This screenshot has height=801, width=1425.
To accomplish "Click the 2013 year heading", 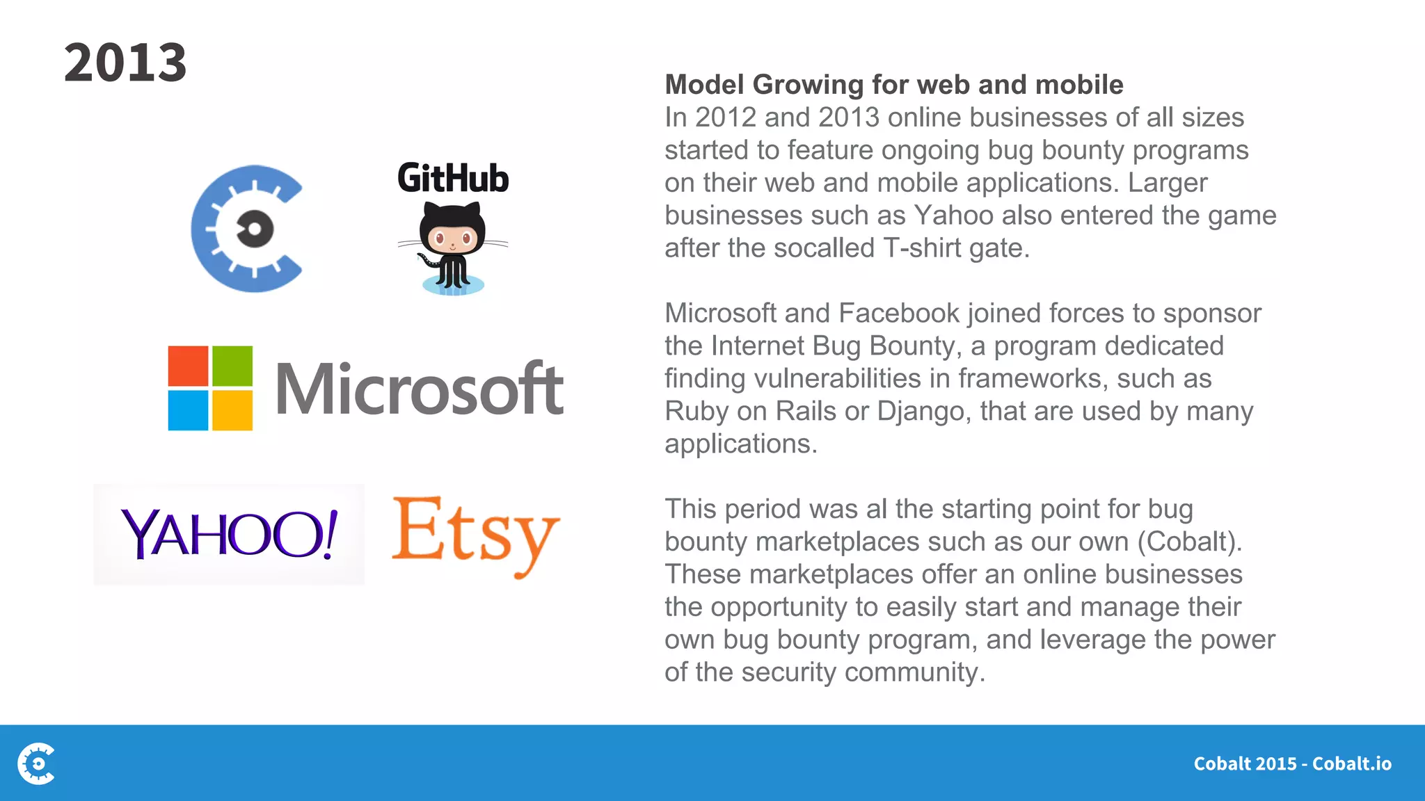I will (125, 63).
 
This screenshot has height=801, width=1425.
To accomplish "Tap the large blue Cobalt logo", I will (247, 229).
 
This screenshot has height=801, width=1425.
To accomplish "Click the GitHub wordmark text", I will (453, 178).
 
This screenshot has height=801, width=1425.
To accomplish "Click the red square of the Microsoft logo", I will (188, 366).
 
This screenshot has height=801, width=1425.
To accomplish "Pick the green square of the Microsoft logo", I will (232, 366).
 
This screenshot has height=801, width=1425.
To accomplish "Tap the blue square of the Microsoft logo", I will (188, 410).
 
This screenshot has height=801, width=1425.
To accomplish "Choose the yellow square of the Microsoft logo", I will (232, 410).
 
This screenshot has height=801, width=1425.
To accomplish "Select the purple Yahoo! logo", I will (229, 534).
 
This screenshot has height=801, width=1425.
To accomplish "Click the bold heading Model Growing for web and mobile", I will (894, 85).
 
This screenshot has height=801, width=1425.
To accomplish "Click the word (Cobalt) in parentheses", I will (1190, 542).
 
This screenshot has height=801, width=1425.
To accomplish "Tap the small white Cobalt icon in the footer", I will (37, 763).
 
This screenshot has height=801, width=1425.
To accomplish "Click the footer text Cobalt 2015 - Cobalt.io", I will (1292, 763).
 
